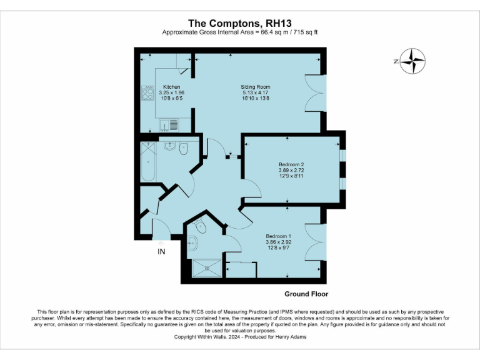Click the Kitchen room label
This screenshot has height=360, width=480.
(172, 87)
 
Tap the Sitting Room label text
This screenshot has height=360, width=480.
(256, 87)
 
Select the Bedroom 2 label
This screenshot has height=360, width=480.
(291, 164)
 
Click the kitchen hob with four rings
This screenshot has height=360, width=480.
(148, 93)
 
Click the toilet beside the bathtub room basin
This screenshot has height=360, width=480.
(184, 149)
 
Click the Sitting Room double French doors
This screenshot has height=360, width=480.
(316, 93)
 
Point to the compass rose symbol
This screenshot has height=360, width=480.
(411, 61)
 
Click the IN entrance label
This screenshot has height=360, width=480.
(161, 252)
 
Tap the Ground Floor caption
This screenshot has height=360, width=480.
(306, 294)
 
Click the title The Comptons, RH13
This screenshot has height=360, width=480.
(240, 22)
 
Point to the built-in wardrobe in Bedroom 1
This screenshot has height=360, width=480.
(241, 270)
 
